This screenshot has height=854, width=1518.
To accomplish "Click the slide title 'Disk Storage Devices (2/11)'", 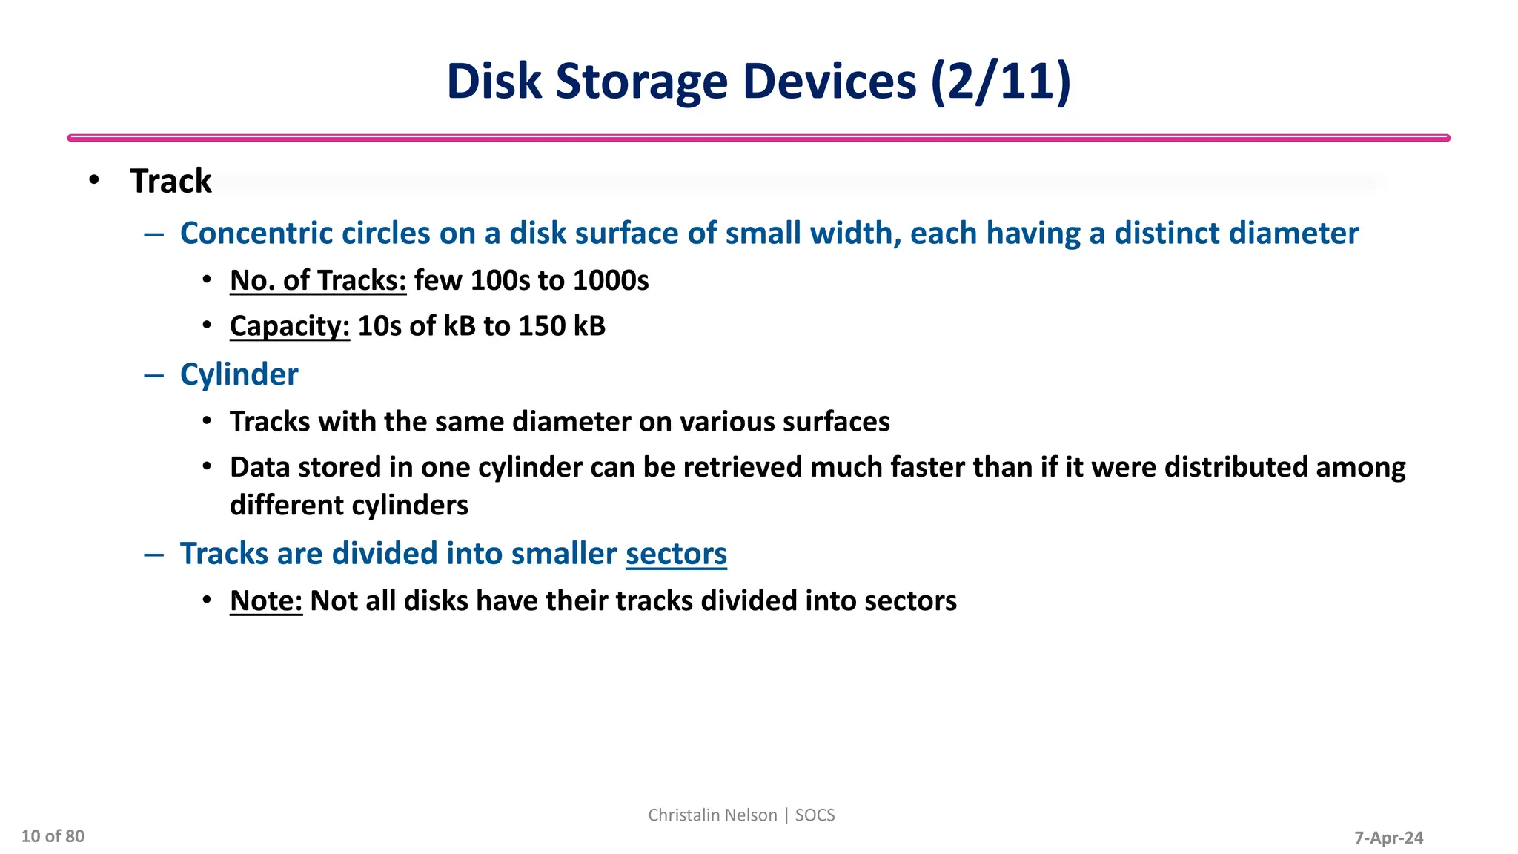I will pyautogui.click(x=758, y=81).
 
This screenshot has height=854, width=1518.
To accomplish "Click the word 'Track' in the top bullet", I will pyautogui.click(x=170, y=182).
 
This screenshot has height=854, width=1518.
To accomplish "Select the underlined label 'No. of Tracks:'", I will pyautogui.click(x=318, y=281).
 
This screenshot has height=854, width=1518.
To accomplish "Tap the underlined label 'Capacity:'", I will pyautogui.click(x=289, y=326).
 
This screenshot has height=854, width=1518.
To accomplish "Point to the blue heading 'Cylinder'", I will pyautogui.click(x=239, y=374).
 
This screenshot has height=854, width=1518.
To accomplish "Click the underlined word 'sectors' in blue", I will pyautogui.click(x=676, y=554).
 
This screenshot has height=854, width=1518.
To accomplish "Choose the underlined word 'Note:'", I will pyautogui.click(x=266, y=601).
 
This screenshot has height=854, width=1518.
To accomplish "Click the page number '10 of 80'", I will pyautogui.click(x=53, y=836).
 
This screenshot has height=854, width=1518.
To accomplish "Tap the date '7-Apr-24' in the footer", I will pyautogui.click(x=1388, y=838).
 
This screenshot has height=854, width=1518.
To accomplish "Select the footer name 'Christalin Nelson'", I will pyautogui.click(x=712, y=815).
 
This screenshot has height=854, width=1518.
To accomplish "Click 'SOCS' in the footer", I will pyautogui.click(x=815, y=815).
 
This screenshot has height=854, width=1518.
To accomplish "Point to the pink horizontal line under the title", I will pyautogui.click(x=758, y=138).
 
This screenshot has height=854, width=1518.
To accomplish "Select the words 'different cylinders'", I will pyautogui.click(x=349, y=506).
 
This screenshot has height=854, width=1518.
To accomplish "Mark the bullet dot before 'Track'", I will pyautogui.click(x=93, y=180).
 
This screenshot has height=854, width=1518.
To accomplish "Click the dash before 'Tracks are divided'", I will pyautogui.click(x=153, y=554).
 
